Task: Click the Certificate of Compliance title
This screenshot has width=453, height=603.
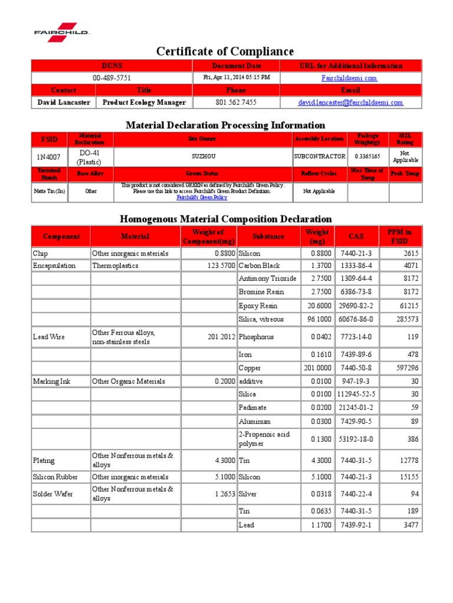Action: (x=225, y=52)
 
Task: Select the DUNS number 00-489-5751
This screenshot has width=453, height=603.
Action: (x=111, y=78)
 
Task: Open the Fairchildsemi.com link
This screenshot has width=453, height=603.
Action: (x=349, y=78)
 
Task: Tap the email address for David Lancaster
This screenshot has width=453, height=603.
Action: (x=350, y=102)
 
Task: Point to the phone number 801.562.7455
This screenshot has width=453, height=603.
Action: (x=236, y=102)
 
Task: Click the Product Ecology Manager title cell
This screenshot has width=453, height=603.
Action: (x=144, y=102)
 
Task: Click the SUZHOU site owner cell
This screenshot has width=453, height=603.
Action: (x=203, y=157)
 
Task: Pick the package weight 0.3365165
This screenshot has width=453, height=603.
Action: (x=367, y=157)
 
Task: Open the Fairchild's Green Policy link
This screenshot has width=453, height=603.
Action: (x=202, y=198)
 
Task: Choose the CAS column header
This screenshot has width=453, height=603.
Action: (x=356, y=236)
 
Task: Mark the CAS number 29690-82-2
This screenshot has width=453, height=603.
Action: (x=356, y=306)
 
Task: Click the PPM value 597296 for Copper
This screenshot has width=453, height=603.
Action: (x=406, y=368)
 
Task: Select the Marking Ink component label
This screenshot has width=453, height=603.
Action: (x=52, y=382)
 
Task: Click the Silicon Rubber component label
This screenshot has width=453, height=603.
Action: (x=60, y=477)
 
